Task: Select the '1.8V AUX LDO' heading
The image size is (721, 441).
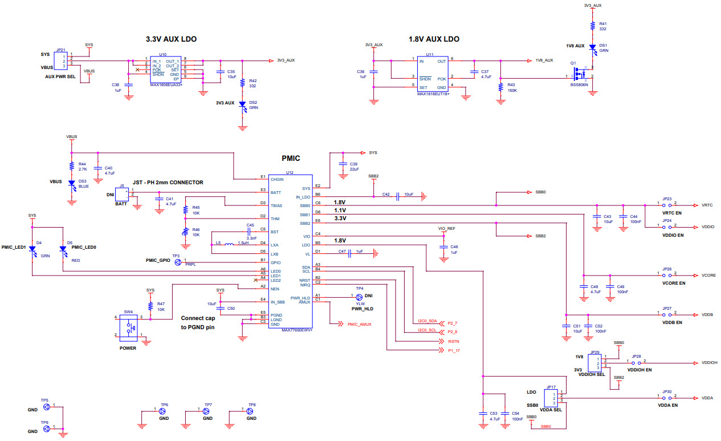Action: (x=434, y=39)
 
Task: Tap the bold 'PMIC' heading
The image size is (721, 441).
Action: (x=291, y=158)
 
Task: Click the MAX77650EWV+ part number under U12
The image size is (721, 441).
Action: (x=297, y=330)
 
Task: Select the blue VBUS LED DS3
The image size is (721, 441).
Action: (x=72, y=184)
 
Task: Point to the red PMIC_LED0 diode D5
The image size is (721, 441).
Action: (x=63, y=252)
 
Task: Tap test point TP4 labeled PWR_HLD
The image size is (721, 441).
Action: (x=359, y=297)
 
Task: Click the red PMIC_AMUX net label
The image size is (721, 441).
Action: (x=359, y=324)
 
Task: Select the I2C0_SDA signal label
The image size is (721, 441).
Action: (x=427, y=321)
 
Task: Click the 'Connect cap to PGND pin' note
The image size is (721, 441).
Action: (x=198, y=322)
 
